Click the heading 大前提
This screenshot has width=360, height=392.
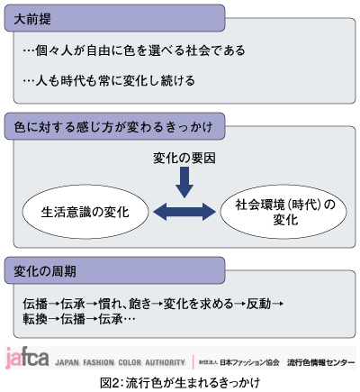[x=32, y=19]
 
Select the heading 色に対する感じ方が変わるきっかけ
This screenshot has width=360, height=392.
[x=113, y=127]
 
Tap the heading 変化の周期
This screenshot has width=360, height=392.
[x=45, y=271]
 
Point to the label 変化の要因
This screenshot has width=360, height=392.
[x=184, y=159]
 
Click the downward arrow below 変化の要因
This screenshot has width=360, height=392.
[x=184, y=182]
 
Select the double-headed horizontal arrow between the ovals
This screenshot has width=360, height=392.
[x=184, y=212]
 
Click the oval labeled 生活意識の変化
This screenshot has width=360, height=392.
[x=85, y=212]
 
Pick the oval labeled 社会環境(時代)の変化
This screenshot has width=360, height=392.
[x=283, y=212]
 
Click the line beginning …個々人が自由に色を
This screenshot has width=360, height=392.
[x=134, y=50]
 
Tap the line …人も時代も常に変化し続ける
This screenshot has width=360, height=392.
[x=109, y=80]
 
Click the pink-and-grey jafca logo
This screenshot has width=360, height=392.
[x=27, y=358]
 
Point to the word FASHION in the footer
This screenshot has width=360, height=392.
[x=99, y=362]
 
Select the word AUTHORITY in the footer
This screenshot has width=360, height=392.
[x=165, y=362]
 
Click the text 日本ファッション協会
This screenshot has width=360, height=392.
[x=249, y=362]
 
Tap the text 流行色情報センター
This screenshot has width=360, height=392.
[x=320, y=362]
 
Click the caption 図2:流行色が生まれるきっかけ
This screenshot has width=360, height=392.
[x=180, y=383]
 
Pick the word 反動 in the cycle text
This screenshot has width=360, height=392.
[x=258, y=304]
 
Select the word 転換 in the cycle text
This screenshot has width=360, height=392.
[x=35, y=319]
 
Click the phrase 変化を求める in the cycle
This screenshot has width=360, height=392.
[x=198, y=304]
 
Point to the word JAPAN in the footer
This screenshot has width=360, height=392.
[x=67, y=362]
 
